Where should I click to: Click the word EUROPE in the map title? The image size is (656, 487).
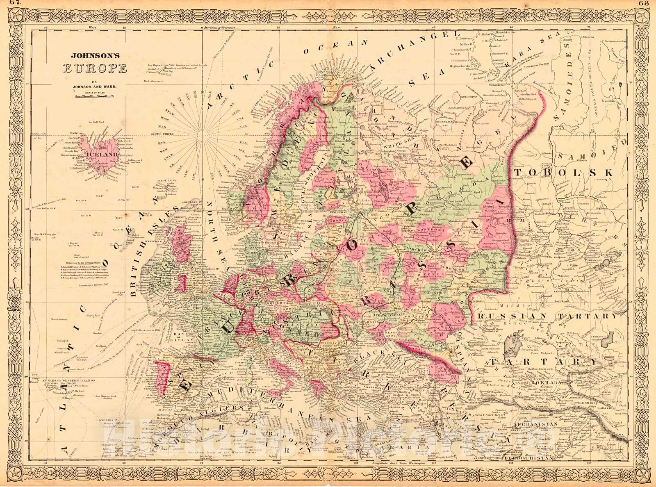[94, 68]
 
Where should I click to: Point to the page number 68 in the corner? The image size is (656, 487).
[648, 3]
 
